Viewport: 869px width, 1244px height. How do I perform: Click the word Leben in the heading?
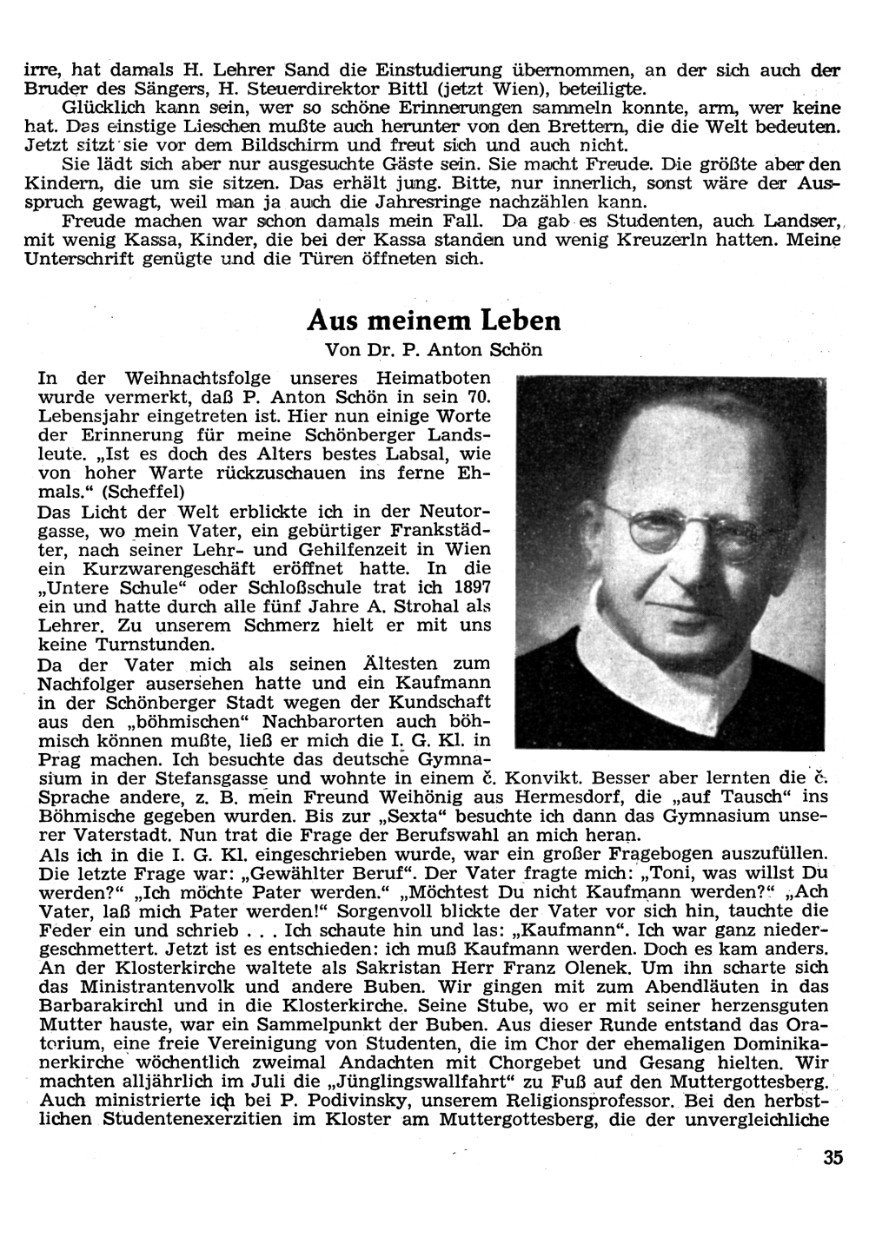pos(519,321)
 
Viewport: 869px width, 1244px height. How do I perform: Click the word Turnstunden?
pos(139,645)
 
